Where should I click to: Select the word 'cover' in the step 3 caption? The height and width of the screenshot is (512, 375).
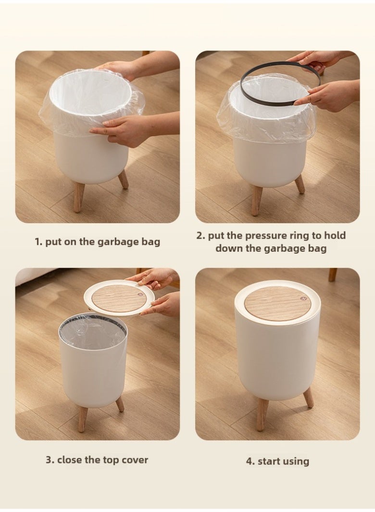(135, 460)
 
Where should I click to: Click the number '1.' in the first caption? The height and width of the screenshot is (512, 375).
(38, 242)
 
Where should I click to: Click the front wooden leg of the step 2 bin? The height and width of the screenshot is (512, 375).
(257, 194)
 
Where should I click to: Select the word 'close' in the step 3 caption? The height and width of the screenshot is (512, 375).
(70, 460)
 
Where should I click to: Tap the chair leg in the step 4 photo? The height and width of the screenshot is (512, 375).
(332, 275)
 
